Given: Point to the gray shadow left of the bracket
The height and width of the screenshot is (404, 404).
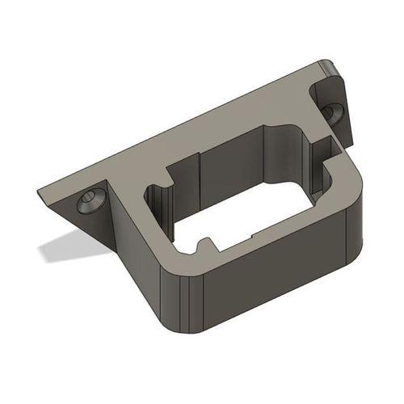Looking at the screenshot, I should (x=73, y=246).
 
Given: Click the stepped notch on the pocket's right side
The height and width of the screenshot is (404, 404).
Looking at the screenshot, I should (x=322, y=149).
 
